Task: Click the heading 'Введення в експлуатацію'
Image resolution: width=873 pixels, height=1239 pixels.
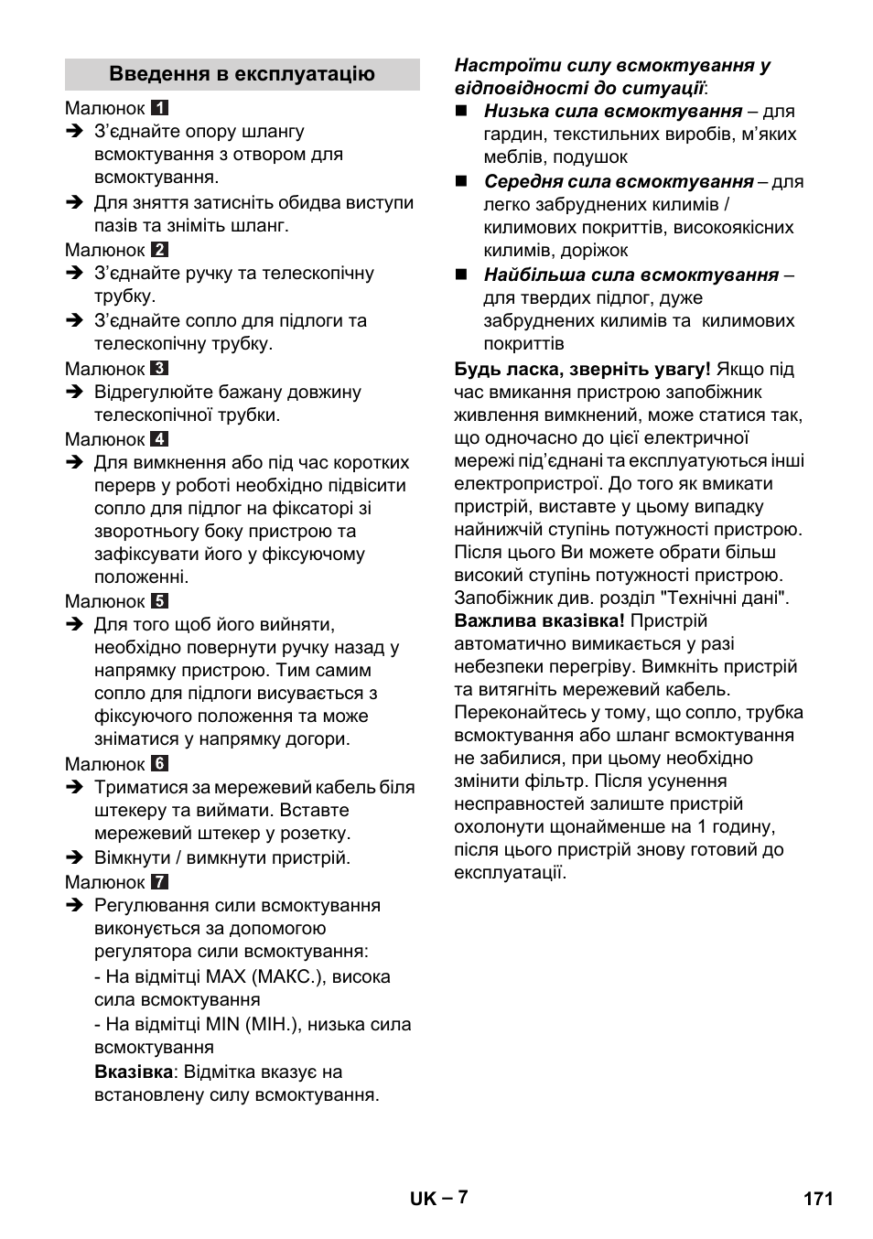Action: pyautogui.click(x=242, y=74)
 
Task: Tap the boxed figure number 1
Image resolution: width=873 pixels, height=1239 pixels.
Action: pyautogui.click(x=159, y=108)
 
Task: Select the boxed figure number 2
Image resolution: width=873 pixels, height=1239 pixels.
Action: pyautogui.click(x=159, y=250)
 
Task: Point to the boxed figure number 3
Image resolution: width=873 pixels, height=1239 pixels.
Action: pyautogui.click(x=159, y=369)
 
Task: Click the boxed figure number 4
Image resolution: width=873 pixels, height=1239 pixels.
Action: pyautogui.click(x=159, y=439)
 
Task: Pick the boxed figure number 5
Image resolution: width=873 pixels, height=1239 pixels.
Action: pyautogui.click(x=159, y=601)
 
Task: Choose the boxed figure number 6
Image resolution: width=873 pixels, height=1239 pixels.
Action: pyautogui.click(x=159, y=764)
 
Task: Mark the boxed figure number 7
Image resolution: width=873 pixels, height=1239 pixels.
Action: pyautogui.click(x=159, y=882)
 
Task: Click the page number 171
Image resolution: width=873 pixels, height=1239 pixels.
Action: pyautogui.click(x=818, y=1199)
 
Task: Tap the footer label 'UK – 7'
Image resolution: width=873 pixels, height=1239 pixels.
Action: pyautogui.click(x=437, y=1198)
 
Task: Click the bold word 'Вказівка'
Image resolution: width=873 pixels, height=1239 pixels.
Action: pyautogui.click(x=134, y=1072)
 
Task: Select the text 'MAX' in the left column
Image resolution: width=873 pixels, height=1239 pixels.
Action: pyautogui.click(x=225, y=976)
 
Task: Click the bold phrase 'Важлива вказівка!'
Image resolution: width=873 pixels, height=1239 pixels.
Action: pyautogui.click(x=539, y=621)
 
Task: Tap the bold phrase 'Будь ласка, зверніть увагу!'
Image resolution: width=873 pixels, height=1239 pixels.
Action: pyautogui.click(x=582, y=369)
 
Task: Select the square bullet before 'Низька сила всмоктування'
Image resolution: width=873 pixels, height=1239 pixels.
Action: pyautogui.click(x=461, y=111)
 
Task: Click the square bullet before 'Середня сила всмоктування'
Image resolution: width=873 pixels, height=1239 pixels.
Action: pyautogui.click(x=461, y=181)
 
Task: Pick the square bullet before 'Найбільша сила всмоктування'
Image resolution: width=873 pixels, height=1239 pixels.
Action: pyautogui.click(x=461, y=275)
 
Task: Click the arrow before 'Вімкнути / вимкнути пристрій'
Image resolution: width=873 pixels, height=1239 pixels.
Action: pyautogui.click(x=74, y=858)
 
